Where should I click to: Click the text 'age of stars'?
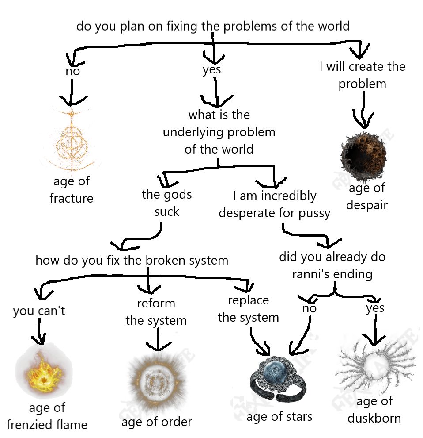[x=279, y=416]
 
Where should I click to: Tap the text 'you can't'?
[x=39, y=311]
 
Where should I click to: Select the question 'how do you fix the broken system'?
[x=132, y=260]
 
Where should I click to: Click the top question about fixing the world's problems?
[x=213, y=26]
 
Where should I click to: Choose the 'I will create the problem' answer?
[x=363, y=75]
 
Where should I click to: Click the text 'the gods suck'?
[x=167, y=203]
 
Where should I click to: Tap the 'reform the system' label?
[x=156, y=312]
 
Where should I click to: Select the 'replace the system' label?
[x=249, y=309]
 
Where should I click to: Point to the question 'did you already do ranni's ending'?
[x=332, y=265]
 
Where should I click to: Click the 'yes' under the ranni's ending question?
[x=375, y=308]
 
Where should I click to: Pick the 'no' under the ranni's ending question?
[x=309, y=308]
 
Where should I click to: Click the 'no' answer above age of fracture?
[x=72, y=71]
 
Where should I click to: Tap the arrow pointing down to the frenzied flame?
[x=40, y=332]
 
